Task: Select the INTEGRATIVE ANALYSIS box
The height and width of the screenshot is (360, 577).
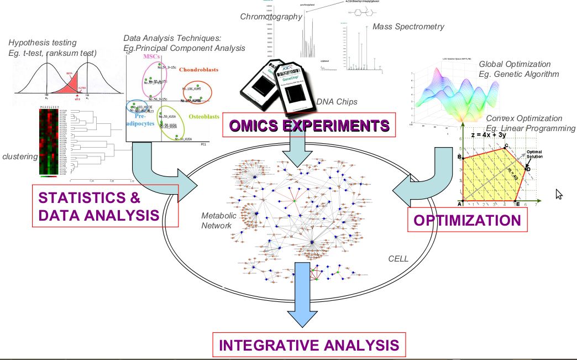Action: point(308,345)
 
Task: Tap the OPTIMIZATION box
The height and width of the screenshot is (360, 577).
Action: point(467,221)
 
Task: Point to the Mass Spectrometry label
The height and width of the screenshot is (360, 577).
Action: point(408,26)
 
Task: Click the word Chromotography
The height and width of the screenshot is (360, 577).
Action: point(271,16)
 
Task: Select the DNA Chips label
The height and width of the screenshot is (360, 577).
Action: point(337,101)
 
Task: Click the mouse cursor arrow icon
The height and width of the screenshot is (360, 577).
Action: point(559,194)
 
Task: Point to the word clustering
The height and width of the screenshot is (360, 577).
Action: point(20,156)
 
